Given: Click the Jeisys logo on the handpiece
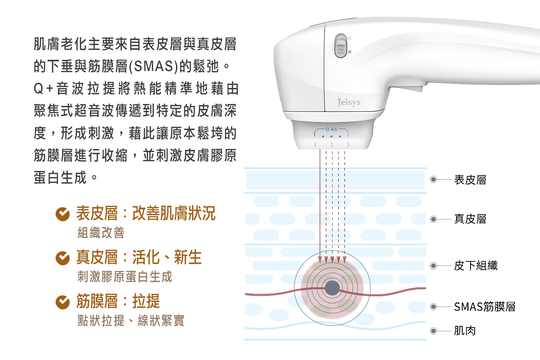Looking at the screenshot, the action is (x=349, y=102).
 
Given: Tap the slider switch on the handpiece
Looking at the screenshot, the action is (x=341, y=46).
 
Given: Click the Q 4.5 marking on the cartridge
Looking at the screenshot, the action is (x=331, y=129).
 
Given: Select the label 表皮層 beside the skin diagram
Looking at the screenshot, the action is (x=470, y=180).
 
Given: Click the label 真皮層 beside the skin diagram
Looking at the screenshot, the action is (x=470, y=219).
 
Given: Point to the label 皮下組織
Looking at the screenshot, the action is (x=476, y=265).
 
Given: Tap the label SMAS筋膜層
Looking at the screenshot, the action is (x=485, y=307).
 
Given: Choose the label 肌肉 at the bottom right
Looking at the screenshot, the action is (x=465, y=330).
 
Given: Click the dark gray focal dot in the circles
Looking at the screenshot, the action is (x=332, y=288).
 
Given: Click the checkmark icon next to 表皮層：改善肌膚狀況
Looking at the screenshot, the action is (x=63, y=214).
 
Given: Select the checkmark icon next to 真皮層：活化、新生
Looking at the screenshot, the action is (x=63, y=258).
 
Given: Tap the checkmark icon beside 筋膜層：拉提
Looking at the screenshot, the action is (x=63, y=302).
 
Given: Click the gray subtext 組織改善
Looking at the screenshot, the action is (x=101, y=233).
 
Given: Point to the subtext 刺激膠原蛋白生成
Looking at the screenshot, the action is (x=125, y=277).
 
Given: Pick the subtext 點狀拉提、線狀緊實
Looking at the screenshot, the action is (x=131, y=321).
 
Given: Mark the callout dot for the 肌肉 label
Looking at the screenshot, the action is (x=433, y=331).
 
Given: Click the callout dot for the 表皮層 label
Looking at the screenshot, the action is (x=433, y=180).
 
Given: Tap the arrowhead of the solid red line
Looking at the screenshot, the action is (x=320, y=260).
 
